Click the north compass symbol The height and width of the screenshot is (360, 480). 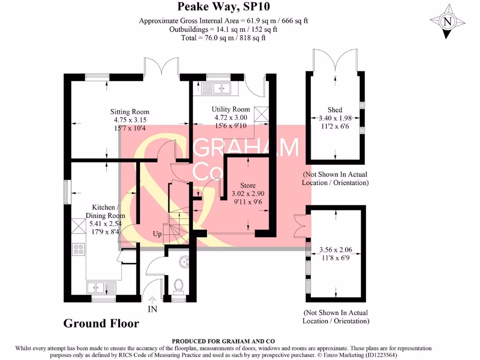(x=447, y=21)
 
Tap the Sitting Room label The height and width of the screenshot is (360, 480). (x=130, y=112)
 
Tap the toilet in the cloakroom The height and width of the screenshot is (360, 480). (x=178, y=285)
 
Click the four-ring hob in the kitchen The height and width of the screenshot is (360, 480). (x=78, y=249)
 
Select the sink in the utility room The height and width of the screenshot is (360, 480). (x=216, y=88)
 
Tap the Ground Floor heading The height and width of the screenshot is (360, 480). (x=101, y=323)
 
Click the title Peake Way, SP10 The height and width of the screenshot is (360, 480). (x=223, y=7)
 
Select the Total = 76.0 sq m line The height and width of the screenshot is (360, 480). (x=223, y=37)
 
